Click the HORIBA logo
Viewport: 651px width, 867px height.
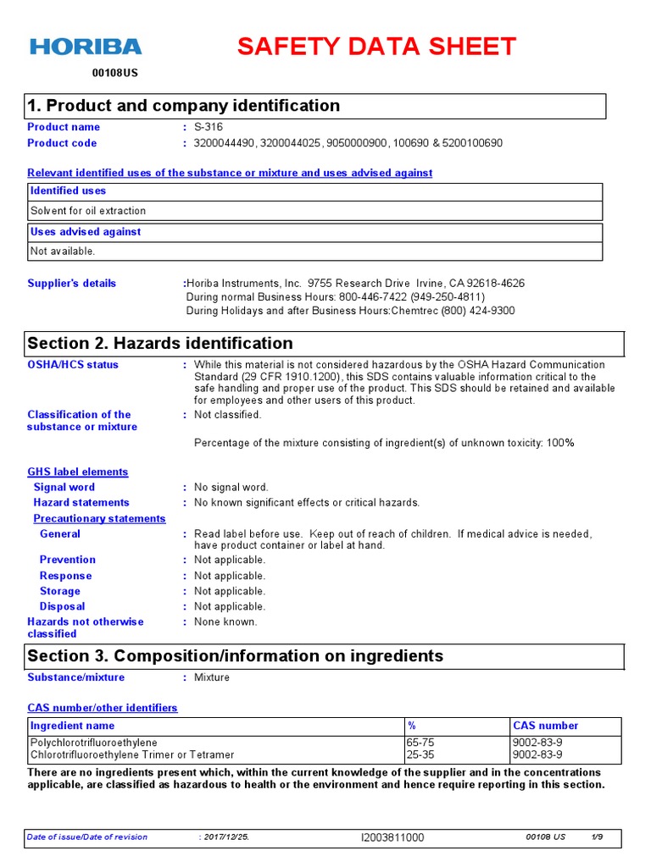86,47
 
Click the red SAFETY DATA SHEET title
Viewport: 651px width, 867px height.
376,47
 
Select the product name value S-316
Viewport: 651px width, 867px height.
209,127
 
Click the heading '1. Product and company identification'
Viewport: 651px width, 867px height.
184,106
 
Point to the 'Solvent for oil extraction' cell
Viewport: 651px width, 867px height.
88,211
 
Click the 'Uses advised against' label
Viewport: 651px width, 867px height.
86,232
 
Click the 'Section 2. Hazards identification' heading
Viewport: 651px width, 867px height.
160,343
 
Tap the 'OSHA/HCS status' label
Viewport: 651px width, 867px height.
73,365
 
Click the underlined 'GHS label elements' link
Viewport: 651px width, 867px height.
78,472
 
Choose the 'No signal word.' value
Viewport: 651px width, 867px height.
231,487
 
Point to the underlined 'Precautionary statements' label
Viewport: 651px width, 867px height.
99,518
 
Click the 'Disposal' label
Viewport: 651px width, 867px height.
62,606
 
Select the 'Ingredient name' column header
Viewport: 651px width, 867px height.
72,726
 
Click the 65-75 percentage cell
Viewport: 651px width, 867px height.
420,743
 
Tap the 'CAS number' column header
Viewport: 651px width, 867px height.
546,726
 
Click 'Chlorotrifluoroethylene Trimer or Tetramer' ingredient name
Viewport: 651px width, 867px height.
132,754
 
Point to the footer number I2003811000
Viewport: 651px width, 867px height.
392,837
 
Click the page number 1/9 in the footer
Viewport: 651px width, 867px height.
597,837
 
